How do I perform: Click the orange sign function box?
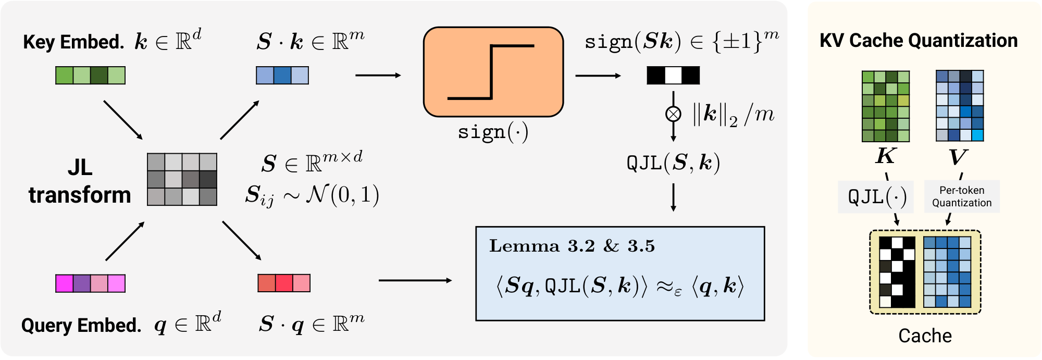point(493,72)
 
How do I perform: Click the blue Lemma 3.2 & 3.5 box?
point(619,274)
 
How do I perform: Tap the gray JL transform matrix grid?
point(182,179)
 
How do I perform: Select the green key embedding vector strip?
point(90,76)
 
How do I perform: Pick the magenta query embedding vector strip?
point(90,283)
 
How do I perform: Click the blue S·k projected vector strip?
point(282,76)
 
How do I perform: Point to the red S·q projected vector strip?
point(284,283)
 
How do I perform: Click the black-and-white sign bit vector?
point(673,76)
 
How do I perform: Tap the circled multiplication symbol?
point(673,114)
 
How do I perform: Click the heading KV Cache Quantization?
point(918,41)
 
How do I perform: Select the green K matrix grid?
point(885,106)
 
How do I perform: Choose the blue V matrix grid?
point(959,106)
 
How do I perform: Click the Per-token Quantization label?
point(961,196)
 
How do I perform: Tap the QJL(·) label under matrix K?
point(876,197)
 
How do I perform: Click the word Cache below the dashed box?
point(925,336)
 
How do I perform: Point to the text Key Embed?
point(73,42)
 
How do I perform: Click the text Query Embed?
point(81,326)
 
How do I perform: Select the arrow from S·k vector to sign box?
point(378,76)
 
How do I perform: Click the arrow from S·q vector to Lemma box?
point(415,280)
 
